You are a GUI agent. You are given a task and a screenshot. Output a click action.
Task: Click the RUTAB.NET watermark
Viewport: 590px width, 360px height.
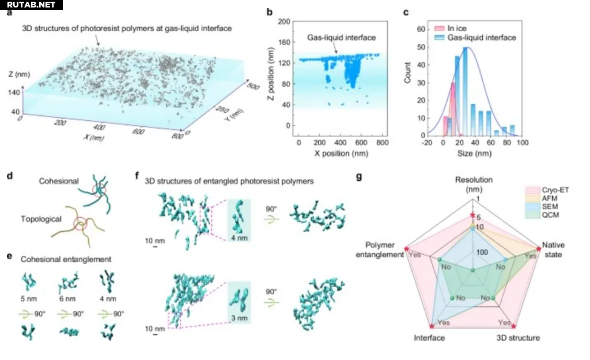coord(29,5)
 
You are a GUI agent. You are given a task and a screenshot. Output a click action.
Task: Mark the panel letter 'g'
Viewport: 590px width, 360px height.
coord(360,177)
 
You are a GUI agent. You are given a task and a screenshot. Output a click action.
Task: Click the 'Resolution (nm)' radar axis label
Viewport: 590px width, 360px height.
coord(474,184)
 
